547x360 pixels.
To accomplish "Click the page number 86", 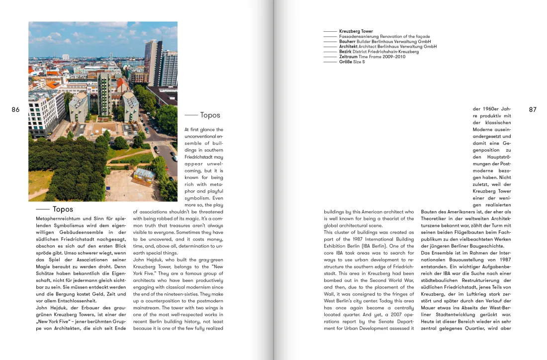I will point(15,110).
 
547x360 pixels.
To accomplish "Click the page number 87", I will point(533,110).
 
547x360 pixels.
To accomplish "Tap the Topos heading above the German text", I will point(63,209).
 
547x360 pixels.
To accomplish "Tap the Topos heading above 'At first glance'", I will point(210,115).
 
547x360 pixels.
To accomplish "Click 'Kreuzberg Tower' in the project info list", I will point(356,31).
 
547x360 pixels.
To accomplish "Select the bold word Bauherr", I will point(348,42).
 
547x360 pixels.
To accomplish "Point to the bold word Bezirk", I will point(346,52).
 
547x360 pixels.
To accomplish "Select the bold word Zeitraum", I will point(349,57).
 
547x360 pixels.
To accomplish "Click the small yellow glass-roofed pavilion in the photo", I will point(145,175).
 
